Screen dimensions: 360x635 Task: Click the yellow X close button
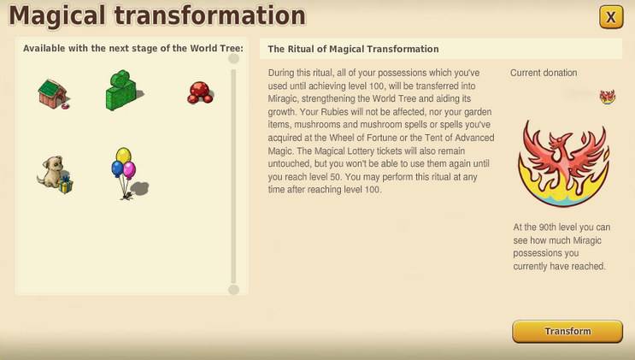(x=610, y=16)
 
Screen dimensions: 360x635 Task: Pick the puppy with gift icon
(x=54, y=174)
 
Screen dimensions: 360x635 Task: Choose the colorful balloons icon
(x=125, y=171)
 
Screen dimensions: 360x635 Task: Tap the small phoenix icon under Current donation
(x=608, y=97)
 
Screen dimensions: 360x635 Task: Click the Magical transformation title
(x=156, y=15)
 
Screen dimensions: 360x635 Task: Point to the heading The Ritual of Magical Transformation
(x=353, y=50)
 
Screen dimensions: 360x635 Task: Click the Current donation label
(x=544, y=74)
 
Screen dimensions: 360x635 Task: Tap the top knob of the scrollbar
(x=233, y=59)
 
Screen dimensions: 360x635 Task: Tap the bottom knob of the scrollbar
(x=233, y=289)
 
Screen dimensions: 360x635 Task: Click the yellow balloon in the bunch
(x=123, y=155)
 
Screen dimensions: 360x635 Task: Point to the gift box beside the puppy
(x=66, y=185)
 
